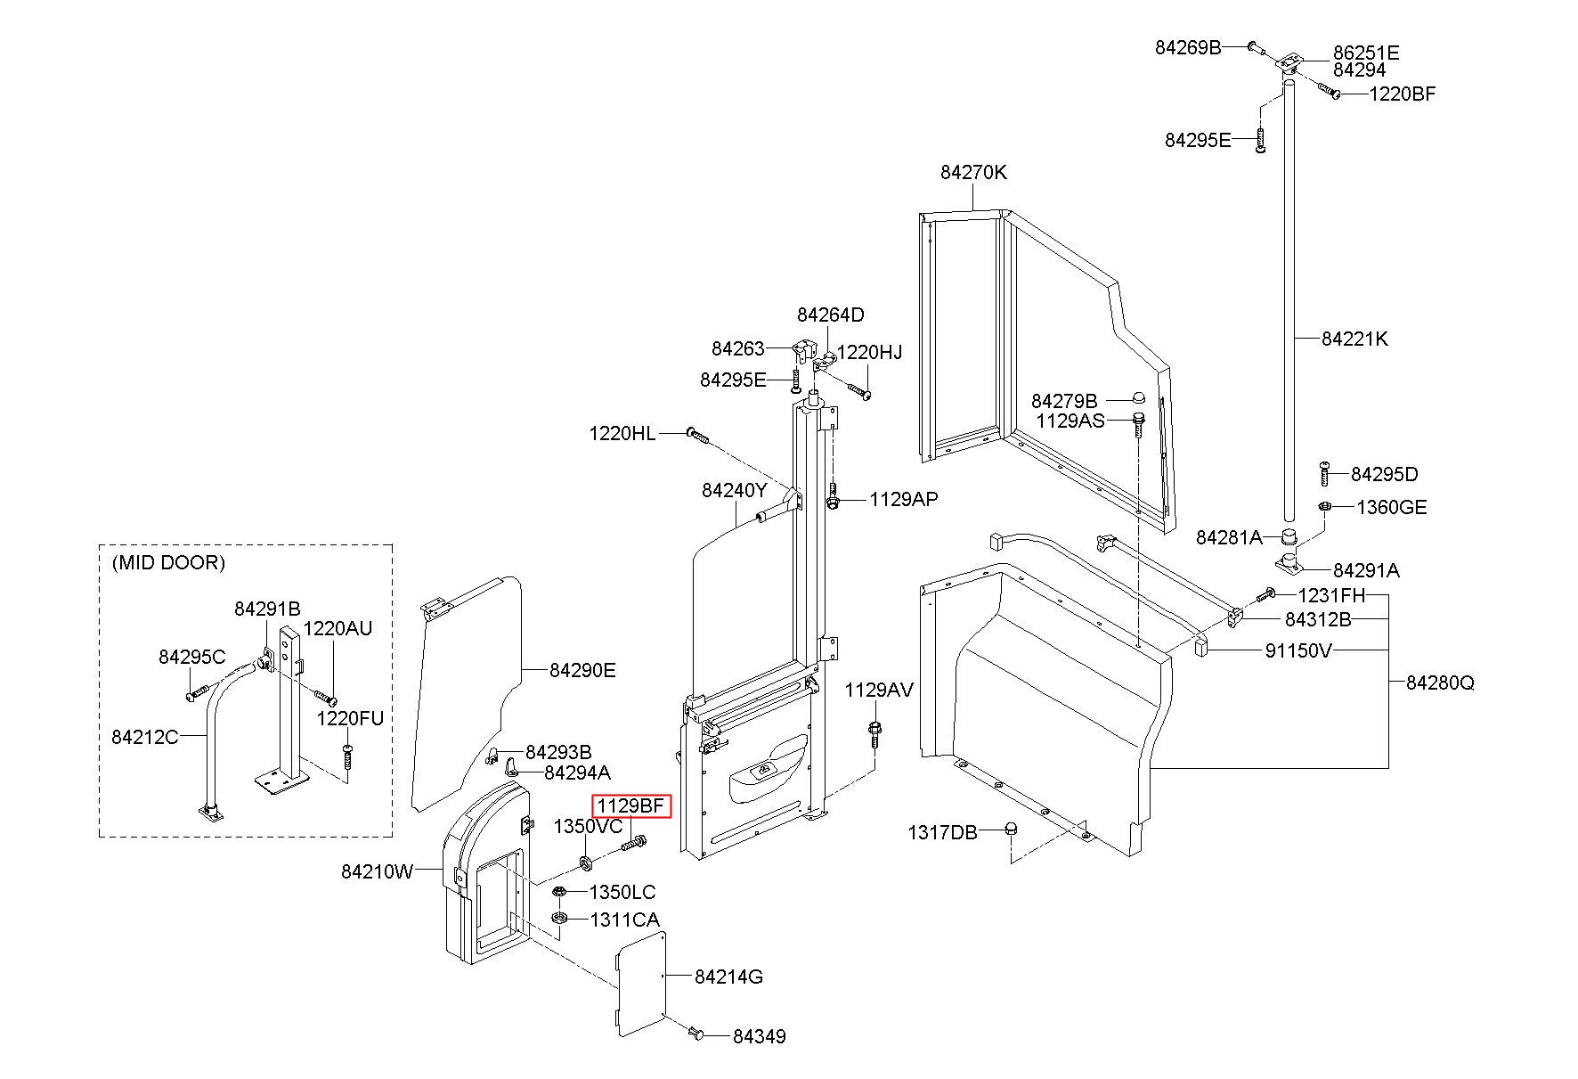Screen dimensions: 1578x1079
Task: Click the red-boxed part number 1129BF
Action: tap(630, 806)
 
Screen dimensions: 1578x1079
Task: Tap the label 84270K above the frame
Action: tap(973, 172)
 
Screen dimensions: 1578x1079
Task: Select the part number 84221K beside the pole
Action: tap(1354, 339)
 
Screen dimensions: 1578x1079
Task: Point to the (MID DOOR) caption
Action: tap(168, 562)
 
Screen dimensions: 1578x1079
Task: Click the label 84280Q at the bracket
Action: tap(1440, 683)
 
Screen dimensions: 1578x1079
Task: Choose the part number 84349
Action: tap(759, 1036)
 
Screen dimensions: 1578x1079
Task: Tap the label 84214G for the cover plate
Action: tap(728, 977)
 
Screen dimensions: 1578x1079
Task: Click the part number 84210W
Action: tap(377, 871)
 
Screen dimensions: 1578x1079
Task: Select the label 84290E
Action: tap(582, 670)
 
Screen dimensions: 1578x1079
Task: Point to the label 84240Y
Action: tap(735, 490)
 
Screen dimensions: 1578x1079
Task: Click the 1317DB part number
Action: tap(942, 832)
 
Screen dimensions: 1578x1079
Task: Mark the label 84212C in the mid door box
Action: tap(145, 737)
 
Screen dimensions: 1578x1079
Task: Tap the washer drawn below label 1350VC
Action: tap(586, 862)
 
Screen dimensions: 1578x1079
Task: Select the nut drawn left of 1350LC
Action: tap(559, 892)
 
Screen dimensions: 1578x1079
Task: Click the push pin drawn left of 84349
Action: tap(695, 1034)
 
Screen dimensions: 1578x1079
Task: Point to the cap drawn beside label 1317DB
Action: tap(1010, 830)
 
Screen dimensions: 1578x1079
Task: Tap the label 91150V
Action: tap(1297, 650)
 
